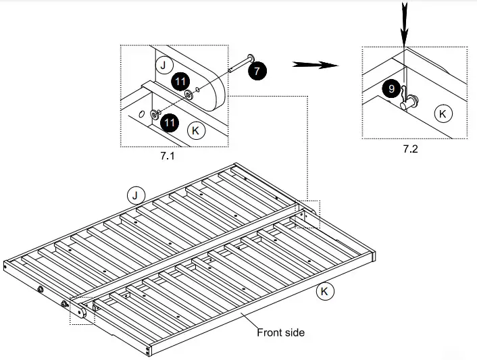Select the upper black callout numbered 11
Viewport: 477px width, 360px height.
pyautogui.click(x=179, y=82)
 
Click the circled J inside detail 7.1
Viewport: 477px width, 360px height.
pyautogui.click(x=162, y=65)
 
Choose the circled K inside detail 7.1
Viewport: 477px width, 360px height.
pyautogui.click(x=195, y=130)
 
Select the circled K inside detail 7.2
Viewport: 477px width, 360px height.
pyautogui.click(x=443, y=113)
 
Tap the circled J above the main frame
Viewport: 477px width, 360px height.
pyautogui.click(x=136, y=196)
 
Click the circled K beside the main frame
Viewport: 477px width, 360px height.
pyautogui.click(x=324, y=292)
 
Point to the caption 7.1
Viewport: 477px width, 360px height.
pyautogui.click(x=168, y=155)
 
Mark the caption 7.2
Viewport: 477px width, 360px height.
pyautogui.click(x=410, y=149)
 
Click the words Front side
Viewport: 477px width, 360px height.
pyautogui.click(x=280, y=332)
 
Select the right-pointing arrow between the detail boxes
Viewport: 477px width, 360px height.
pyautogui.click(x=316, y=65)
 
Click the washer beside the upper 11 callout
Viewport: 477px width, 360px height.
pyautogui.click(x=188, y=95)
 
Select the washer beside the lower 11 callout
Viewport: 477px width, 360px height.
pyautogui.click(x=155, y=115)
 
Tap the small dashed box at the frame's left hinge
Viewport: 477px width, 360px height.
pyautogui.click(x=81, y=310)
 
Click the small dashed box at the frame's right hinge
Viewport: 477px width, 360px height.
pyautogui.click(x=308, y=213)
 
